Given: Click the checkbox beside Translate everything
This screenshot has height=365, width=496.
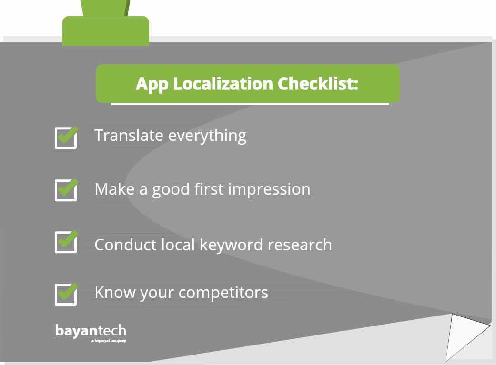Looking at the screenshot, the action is coord(66,138).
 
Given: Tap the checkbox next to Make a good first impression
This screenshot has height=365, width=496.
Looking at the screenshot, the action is coord(66,190).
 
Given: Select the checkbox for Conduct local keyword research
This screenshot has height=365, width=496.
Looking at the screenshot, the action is coord(66,242).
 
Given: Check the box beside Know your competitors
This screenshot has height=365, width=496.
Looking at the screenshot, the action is coord(66,294).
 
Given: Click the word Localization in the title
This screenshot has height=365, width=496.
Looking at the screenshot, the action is coord(223,84).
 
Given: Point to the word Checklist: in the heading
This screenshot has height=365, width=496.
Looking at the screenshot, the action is coord(318,84).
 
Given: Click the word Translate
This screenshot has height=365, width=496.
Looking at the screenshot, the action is coord(129,135).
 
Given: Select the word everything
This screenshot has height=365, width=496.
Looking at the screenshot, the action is coord(207,136).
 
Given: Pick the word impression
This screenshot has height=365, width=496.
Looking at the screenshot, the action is coord(269,190).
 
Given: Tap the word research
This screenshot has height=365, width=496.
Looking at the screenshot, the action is coord(300,245).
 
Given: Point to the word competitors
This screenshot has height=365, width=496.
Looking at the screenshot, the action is coord(223,293).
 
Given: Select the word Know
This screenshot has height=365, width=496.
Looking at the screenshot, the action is coord(115,292).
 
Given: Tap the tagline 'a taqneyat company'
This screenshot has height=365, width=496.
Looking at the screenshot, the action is coord(109,341).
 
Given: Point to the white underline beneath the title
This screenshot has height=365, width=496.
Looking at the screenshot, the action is coord(250,104).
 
